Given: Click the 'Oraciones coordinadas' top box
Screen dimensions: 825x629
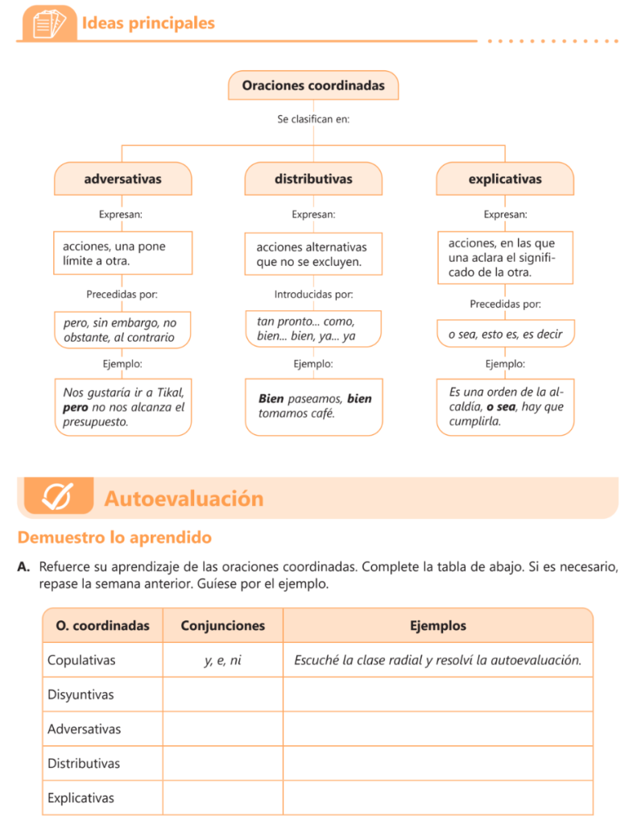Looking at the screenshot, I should pos(313,85).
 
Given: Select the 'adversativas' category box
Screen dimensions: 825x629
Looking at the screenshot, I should pos(122,179).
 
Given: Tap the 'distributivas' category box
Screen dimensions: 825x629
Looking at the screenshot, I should pos(313,179).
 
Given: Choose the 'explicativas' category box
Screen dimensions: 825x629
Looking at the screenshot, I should pos(505,179).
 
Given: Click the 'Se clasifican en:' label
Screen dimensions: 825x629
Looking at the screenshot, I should pos(313,118).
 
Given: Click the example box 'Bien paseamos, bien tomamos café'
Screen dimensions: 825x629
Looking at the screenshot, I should pos(313,406).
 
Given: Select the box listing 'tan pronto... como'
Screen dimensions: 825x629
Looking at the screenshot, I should pos(313,329).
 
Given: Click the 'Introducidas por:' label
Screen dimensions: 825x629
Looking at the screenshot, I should pos(313,294).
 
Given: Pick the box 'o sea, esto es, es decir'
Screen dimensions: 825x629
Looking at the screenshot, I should pos(505,334).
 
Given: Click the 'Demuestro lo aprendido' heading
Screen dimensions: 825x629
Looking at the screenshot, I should pos(114,537).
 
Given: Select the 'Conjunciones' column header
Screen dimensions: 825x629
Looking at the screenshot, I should pos(222,626).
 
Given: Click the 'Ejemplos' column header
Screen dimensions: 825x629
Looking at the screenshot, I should pos(437,626).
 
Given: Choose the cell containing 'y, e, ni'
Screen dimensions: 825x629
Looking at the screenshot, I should pos(222,661).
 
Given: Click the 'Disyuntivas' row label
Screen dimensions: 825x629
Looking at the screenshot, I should pos(81,694).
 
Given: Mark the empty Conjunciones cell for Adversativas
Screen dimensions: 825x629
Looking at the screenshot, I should pos(222,729).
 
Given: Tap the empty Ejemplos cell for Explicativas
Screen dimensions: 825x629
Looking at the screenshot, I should pos(437,798).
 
